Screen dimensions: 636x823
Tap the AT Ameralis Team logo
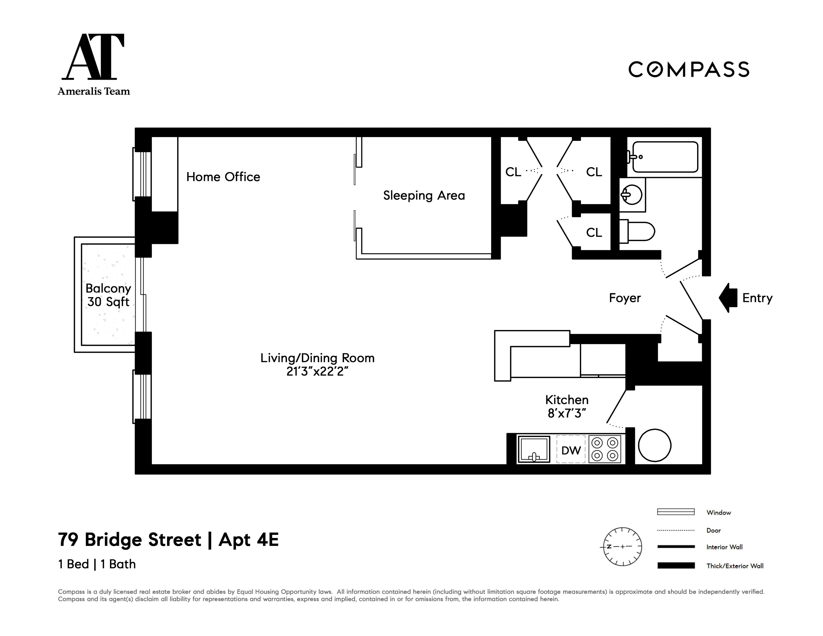pyautogui.click(x=94, y=64)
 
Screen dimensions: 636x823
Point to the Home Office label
pyautogui.click(x=223, y=177)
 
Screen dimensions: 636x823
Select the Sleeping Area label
pyautogui.click(x=424, y=195)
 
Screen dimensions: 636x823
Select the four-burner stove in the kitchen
pyautogui.click(x=605, y=449)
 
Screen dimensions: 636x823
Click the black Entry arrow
pyautogui.click(x=728, y=298)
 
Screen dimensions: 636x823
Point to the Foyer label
pyautogui.click(x=625, y=298)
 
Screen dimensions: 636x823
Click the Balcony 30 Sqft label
pyautogui.click(x=108, y=295)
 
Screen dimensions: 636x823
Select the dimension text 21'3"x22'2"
pyautogui.click(x=317, y=372)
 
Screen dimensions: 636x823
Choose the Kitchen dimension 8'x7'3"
pyautogui.click(x=566, y=413)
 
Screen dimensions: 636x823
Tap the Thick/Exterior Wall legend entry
pyautogui.click(x=734, y=566)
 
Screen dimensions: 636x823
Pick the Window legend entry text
pyautogui.click(x=718, y=512)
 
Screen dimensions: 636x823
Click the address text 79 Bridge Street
pyautogui.click(x=130, y=540)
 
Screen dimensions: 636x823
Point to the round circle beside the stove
pyautogui.click(x=654, y=445)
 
